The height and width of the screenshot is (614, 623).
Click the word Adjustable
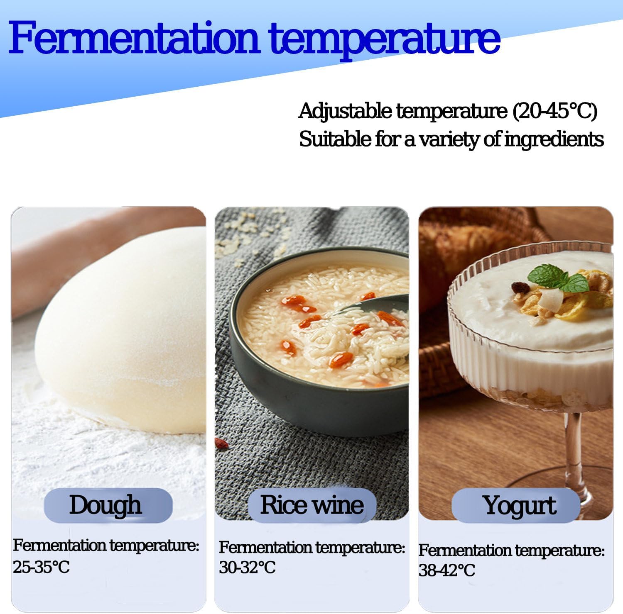[345, 111]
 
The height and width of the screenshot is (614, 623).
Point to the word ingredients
[554, 139]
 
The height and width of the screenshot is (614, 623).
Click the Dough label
[105, 505]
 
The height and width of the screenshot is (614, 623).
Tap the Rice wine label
[312, 505]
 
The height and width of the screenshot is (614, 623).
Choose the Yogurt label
[519, 506]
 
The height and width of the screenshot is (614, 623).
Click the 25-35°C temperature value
[41, 567]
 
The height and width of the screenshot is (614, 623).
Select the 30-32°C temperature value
[247, 567]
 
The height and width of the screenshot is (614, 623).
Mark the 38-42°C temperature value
[446, 570]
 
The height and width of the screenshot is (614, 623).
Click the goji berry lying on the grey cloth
[221, 444]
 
